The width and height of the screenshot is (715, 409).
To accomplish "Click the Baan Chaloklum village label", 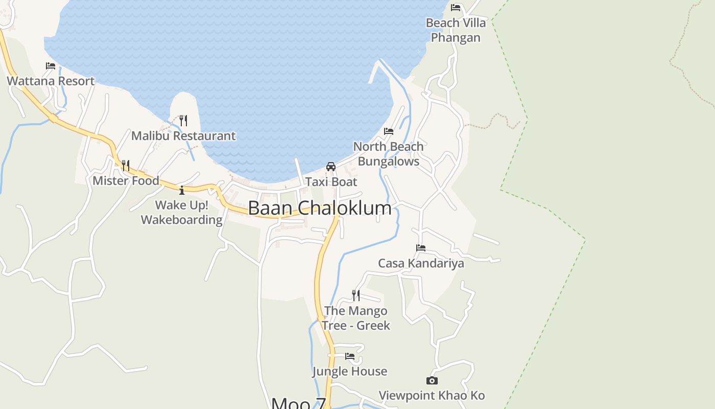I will click(x=320, y=208).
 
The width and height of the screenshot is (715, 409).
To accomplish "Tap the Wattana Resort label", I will click(x=51, y=81).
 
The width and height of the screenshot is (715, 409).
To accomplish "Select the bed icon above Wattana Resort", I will click(x=51, y=66).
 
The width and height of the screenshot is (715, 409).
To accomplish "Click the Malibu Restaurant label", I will click(x=183, y=135).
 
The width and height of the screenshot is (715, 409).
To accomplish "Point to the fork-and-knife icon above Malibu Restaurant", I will click(x=183, y=121).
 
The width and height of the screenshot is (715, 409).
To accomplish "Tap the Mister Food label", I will click(x=126, y=180).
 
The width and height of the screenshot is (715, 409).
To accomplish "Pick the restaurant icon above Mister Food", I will click(x=125, y=165).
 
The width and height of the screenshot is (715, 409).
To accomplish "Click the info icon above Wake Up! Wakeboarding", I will click(x=182, y=191).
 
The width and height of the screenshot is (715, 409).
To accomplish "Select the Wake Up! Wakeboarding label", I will click(x=182, y=213).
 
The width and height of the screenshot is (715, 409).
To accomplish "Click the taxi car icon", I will click(x=331, y=167).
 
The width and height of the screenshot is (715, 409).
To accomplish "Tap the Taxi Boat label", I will click(x=331, y=181).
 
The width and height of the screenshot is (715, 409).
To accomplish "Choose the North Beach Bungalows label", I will click(x=389, y=154).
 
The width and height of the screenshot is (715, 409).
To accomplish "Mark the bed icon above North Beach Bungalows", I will click(x=389, y=131).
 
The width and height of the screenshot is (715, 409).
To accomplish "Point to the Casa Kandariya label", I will click(x=421, y=263).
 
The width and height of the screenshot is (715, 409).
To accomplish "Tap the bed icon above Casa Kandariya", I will click(x=421, y=248).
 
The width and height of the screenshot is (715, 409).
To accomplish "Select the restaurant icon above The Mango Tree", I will click(x=355, y=296).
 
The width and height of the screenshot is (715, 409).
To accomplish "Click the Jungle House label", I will click(x=350, y=371).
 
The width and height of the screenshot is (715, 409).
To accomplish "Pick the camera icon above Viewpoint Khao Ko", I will click(x=432, y=380).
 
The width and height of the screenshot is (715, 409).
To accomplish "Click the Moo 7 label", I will click(x=298, y=403).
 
